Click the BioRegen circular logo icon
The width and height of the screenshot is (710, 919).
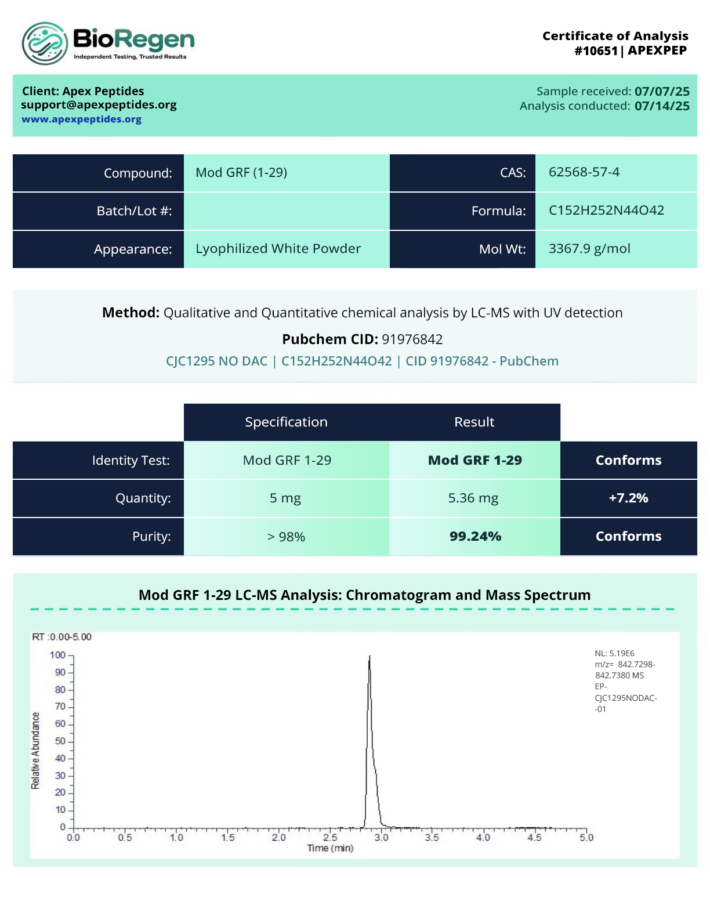45,44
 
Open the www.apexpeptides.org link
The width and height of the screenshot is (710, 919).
82,120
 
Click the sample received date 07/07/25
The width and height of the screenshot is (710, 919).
662,91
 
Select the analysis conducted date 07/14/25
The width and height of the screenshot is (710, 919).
662,106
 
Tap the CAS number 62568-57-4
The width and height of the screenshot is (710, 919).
584,172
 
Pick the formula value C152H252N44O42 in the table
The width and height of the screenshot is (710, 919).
606,211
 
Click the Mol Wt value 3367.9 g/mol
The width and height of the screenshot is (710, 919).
589,249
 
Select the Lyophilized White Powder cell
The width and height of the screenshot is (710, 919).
278,249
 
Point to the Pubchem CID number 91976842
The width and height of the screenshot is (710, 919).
412,339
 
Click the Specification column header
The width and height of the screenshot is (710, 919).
286,422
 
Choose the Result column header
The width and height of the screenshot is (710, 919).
474,422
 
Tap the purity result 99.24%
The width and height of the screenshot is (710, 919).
475,536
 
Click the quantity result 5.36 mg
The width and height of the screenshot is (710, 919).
473,498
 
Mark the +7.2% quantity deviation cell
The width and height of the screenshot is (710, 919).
628,498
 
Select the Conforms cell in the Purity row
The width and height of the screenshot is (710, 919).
628,536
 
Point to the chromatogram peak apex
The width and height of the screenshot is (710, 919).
370,657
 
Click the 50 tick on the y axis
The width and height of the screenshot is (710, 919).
60,741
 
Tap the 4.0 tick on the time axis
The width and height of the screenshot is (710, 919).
483,838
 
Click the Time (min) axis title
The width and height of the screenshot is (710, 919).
330,848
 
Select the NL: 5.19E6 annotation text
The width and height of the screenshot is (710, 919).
614,653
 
